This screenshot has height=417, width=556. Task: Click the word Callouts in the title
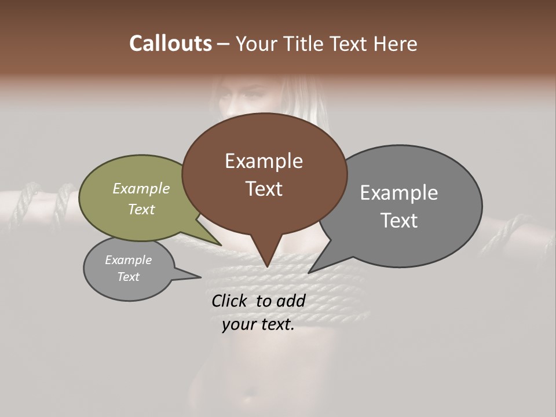coord(170,43)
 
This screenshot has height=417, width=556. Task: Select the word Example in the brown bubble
coord(264,161)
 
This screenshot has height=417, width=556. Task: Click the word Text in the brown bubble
coord(264,189)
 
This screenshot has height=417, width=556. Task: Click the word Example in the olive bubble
coord(141,188)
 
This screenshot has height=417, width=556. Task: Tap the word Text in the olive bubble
coord(141,209)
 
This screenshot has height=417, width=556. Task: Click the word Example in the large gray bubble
coord(398,193)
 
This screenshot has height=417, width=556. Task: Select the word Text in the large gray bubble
coord(398,221)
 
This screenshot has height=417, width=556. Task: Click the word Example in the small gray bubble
coord(128,260)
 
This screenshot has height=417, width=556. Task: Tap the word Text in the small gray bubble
coord(128,277)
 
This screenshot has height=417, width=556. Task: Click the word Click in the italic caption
coord(229,301)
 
